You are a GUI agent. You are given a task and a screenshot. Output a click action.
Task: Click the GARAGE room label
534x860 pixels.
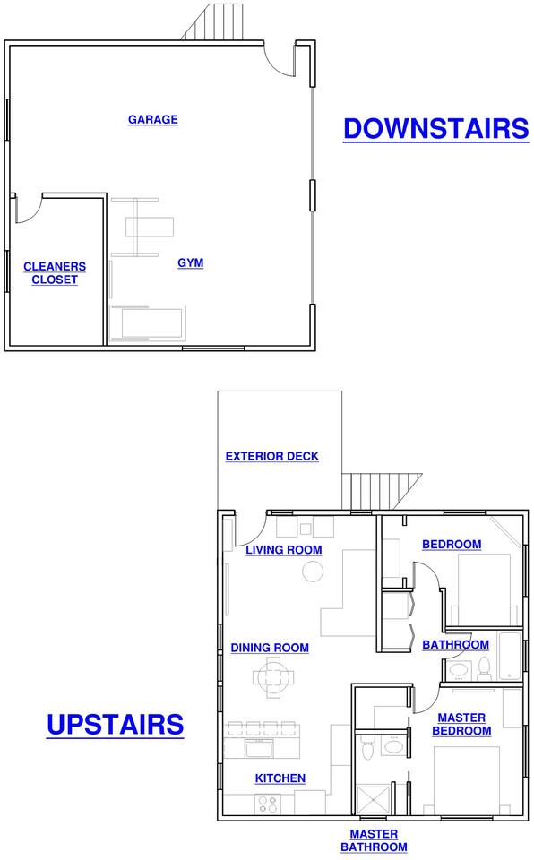tap(153, 119)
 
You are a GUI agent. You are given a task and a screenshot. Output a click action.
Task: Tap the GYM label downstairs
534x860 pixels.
tap(191, 263)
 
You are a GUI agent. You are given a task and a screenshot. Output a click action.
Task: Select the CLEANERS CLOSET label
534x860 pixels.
tap(55, 273)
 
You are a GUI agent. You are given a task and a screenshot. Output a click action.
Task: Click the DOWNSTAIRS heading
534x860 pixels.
tap(436, 129)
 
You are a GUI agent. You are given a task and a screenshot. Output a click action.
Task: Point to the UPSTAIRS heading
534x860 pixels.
tap(116, 725)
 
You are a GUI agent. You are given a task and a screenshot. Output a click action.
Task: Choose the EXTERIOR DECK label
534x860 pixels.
tap(272, 456)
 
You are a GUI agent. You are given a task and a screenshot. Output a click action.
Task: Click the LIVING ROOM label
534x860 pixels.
tap(284, 550)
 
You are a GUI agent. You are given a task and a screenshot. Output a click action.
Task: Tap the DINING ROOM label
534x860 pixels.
tap(270, 648)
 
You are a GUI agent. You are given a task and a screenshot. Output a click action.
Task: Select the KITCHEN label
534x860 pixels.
tap(280, 778)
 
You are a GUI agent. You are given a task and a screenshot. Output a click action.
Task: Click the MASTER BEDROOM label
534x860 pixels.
tap(461, 725)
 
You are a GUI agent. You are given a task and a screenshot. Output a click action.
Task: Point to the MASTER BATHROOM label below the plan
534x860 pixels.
tap(374, 841)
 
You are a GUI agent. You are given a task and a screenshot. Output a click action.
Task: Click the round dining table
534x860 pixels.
tap(272, 677)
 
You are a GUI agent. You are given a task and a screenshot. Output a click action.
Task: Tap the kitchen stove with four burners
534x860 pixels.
tap(268, 804)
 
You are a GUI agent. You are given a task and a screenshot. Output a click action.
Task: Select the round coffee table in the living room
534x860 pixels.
tap(313, 572)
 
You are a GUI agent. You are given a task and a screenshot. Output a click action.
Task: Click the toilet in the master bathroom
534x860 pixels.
tap(367, 747)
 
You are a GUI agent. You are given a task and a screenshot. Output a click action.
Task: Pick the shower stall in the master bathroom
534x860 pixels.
tap(374, 800)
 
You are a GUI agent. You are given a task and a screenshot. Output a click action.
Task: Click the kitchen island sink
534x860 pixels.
tap(259, 749)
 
